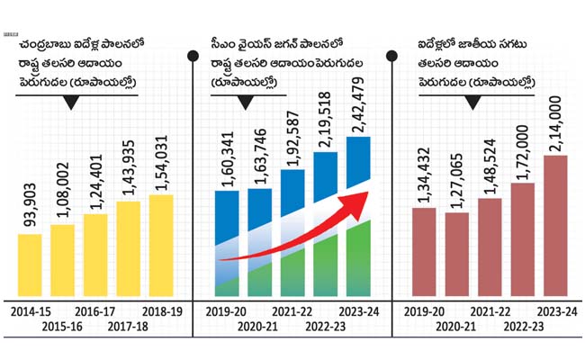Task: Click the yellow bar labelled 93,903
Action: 30,265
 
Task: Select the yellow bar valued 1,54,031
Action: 161,246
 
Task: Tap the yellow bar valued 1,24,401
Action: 95,256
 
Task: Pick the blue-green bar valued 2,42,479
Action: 358,216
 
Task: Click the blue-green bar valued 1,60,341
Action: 227,244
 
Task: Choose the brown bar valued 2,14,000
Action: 555,226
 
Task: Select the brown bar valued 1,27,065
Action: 457,255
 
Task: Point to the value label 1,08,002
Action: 63,190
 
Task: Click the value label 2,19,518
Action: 325,120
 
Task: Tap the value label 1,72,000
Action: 522,152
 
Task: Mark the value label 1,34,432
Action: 424,175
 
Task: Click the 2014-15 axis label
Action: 31,311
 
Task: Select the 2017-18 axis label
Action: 128,327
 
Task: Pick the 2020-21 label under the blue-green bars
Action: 257,327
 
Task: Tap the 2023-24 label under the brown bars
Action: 557,311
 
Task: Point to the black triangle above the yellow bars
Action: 71,103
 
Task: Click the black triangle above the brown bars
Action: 473,103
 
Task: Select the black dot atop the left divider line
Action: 193,56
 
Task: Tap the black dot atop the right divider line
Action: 391,56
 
